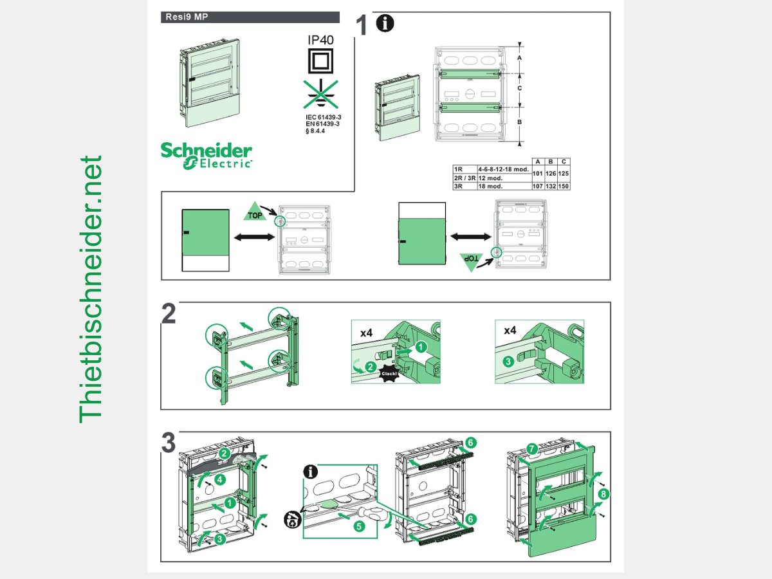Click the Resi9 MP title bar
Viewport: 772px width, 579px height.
250,17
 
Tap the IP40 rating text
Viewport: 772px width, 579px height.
320,41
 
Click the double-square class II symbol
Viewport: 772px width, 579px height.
320,62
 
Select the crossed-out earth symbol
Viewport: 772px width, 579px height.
320,94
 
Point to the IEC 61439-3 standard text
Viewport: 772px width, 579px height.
323,117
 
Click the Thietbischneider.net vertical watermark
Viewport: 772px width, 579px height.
91,289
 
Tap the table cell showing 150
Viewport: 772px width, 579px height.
564,186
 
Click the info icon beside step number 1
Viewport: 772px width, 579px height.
385,24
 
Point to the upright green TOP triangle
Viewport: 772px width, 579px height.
255,212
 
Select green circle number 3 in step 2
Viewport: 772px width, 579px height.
508,362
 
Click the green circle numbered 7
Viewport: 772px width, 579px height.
531,448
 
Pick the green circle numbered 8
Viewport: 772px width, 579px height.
603,494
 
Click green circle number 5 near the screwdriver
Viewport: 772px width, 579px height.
359,526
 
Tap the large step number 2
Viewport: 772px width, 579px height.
169,314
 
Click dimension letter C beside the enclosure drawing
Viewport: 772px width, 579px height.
519,87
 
